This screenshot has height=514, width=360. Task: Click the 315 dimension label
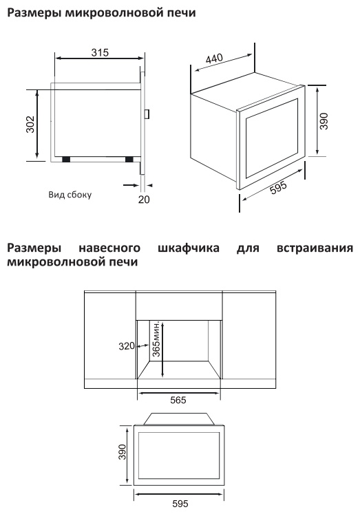point(100,52)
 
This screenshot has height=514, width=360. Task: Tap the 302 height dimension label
point(30,125)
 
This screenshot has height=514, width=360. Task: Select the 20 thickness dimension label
point(144,199)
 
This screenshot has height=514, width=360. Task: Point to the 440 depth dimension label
point(214,59)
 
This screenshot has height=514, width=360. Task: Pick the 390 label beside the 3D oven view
point(324,121)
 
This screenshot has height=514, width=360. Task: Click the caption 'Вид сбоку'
point(70,195)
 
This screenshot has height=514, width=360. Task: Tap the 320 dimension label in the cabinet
point(127,346)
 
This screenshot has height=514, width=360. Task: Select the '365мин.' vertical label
point(156,339)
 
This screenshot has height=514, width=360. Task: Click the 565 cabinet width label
point(178,400)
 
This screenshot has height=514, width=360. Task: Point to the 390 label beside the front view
point(122,451)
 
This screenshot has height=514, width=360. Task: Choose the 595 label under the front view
point(180,503)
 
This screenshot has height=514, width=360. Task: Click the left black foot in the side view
point(66,159)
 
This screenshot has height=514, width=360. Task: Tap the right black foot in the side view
point(129,159)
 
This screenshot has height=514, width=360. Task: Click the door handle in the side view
point(148,114)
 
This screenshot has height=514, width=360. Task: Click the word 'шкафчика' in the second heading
point(189,248)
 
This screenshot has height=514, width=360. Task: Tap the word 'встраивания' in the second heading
point(315,248)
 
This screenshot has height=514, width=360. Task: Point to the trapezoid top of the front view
point(179,419)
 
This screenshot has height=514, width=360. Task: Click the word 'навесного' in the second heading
point(109,248)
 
